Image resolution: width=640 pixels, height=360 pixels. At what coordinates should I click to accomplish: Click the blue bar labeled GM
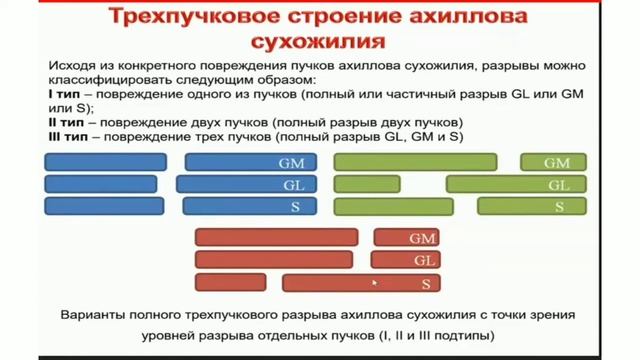[251, 162]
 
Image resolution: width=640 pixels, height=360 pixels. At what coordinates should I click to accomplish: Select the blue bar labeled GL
[246, 184]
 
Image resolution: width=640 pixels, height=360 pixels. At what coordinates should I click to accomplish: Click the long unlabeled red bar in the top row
[276, 238]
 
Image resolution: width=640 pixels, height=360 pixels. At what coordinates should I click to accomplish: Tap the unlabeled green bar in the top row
[414, 162]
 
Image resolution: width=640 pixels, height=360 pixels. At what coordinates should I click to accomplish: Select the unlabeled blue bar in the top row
[106, 162]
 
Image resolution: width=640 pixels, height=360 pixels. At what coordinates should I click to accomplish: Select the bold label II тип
[66, 121]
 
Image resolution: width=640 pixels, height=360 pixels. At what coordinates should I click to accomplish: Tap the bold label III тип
[68, 135]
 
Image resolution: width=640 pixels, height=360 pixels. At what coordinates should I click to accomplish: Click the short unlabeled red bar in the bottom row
[230, 283]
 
